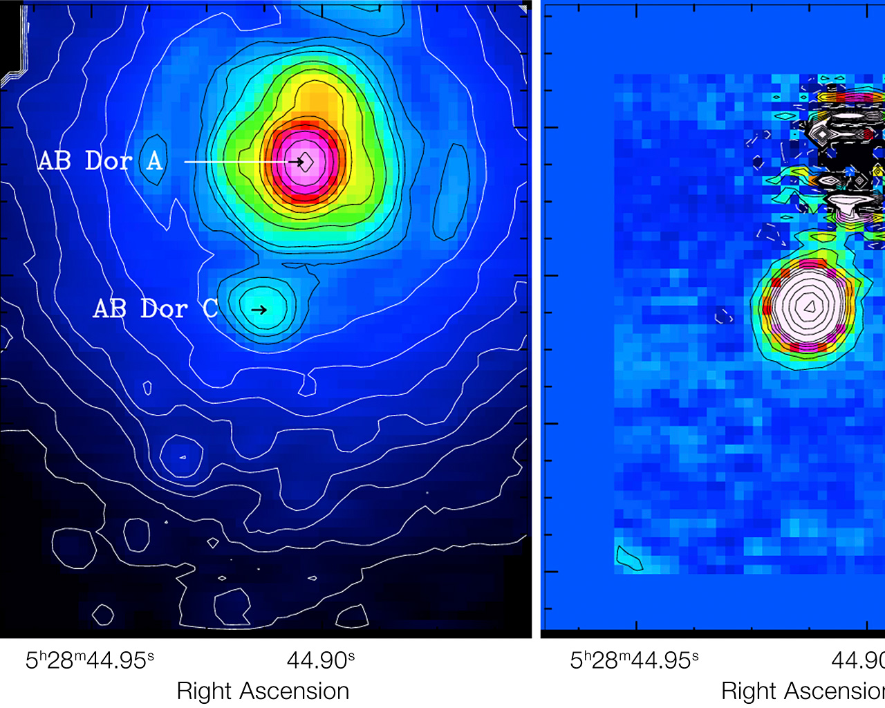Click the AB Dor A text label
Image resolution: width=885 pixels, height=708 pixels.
[x=100, y=161]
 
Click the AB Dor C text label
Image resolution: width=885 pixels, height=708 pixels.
[x=156, y=308]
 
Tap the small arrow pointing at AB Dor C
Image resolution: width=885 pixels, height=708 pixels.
[x=259, y=310]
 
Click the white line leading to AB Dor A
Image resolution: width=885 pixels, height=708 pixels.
[x=235, y=162]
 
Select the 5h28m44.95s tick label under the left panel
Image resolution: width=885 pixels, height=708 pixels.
[x=90, y=660]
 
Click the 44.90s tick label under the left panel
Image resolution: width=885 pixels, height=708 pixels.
[x=321, y=660]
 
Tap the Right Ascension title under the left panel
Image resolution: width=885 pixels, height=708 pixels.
[x=263, y=691]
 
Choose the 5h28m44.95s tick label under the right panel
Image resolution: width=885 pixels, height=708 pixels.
[x=634, y=660]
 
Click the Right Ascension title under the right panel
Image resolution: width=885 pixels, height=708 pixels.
[x=802, y=691]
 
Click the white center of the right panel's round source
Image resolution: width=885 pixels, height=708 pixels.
[x=807, y=305]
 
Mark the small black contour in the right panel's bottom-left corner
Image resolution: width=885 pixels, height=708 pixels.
[x=628, y=559]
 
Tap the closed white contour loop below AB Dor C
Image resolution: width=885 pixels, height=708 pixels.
[x=182, y=456]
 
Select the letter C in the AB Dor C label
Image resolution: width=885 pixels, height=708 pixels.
[x=210, y=308]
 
